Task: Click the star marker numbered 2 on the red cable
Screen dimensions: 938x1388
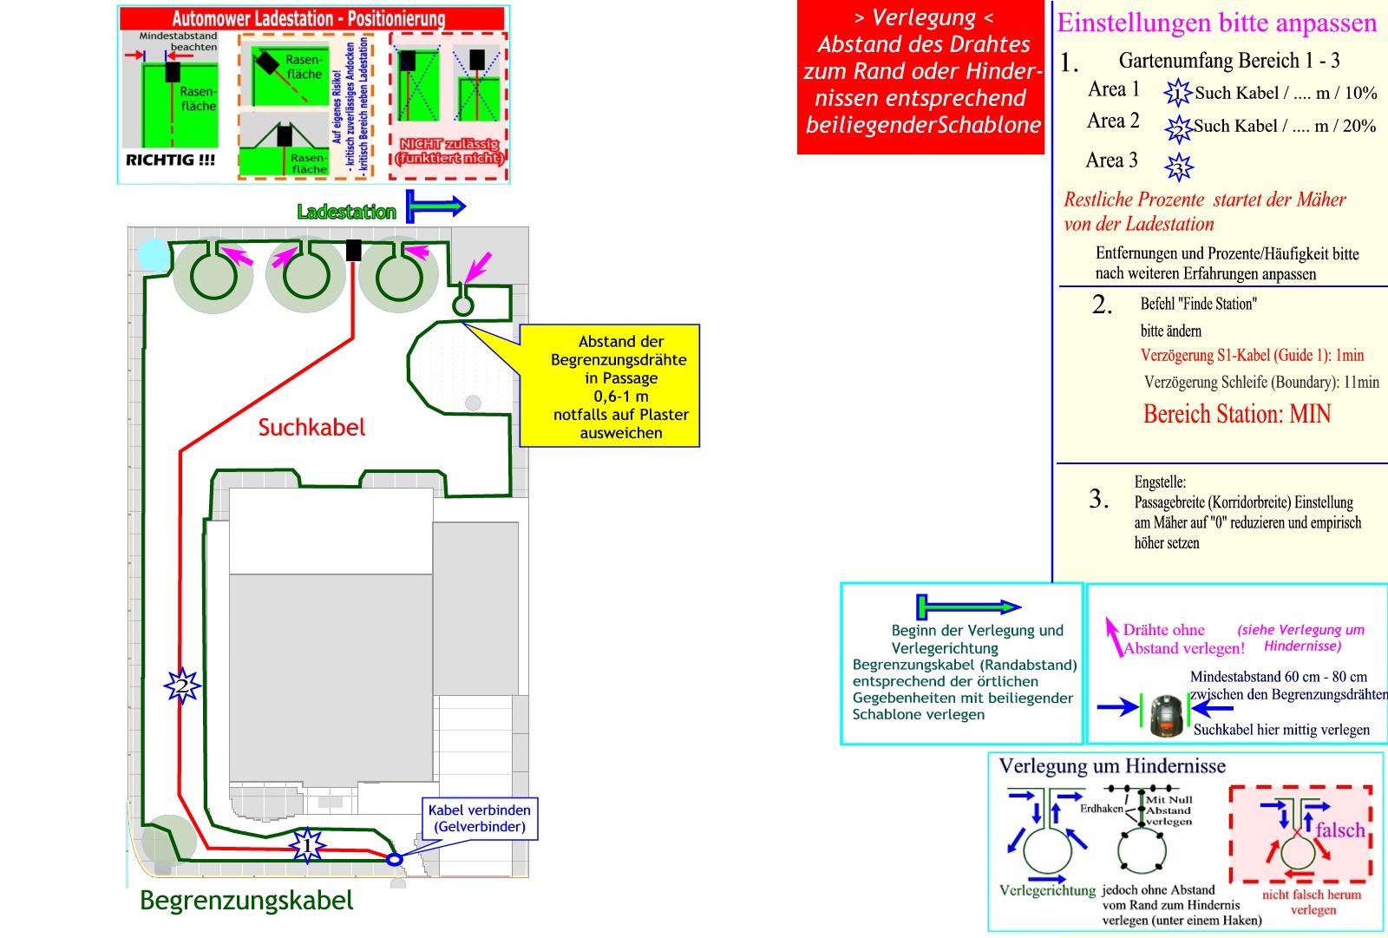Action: (x=182, y=686)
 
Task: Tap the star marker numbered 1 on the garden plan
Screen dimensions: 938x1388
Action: (x=305, y=845)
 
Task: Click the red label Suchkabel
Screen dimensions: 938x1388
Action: (x=311, y=427)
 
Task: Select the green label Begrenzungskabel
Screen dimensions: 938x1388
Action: (x=246, y=901)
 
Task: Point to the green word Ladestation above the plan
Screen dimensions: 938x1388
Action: (x=346, y=212)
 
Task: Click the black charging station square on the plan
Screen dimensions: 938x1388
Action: (x=353, y=250)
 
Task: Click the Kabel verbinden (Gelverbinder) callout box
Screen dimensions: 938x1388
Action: (x=479, y=818)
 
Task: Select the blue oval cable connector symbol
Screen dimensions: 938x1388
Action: (x=394, y=859)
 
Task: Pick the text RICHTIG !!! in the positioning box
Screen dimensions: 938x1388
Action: (x=171, y=160)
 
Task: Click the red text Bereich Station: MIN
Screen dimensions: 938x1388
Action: (x=1236, y=414)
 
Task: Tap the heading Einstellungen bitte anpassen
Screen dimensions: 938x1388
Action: (x=1216, y=23)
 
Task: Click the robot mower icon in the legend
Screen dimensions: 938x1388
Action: (x=1167, y=715)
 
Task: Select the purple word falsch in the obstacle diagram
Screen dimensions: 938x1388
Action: (x=1339, y=830)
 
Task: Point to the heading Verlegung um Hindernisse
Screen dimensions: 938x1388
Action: (x=1112, y=766)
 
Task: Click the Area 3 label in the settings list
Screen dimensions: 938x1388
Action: (x=1111, y=161)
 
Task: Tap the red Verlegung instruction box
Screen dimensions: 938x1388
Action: (x=922, y=78)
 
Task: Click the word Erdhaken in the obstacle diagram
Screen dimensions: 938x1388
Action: (x=1101, y=808)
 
